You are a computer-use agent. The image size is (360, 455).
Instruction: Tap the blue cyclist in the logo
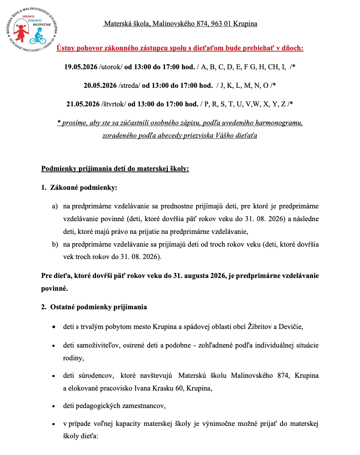click(38, 36)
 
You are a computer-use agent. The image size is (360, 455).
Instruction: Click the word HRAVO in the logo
click(28, 16)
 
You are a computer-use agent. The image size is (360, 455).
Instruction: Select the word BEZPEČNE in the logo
click(42, 24)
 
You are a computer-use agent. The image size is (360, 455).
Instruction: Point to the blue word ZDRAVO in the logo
click(35, 20)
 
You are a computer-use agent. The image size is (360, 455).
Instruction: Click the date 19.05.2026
click(81, 67)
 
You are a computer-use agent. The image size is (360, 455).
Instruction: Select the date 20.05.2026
click(100, 85)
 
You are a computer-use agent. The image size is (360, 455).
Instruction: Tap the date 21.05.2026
click(83, 104)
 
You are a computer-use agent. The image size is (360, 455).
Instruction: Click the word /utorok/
click(111, 67)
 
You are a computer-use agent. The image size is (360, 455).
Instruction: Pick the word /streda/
click(129, 85)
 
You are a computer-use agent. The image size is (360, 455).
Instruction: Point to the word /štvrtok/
click(114, 104)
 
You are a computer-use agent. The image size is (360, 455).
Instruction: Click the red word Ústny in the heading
click(66, 48)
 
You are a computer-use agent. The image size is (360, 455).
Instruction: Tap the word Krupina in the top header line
click(245, 23)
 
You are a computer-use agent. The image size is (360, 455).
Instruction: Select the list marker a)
click(55, 206)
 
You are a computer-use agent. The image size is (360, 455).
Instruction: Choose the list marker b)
click(55, 244)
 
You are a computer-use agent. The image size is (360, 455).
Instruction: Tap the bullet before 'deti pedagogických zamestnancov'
click(54, 406)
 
